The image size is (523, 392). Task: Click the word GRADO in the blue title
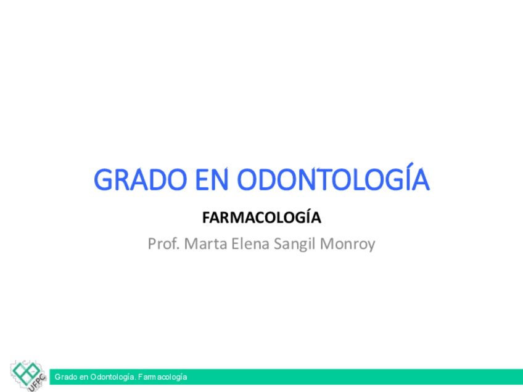click(x=141, y=179)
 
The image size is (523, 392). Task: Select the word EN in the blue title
click(x=212, y=179)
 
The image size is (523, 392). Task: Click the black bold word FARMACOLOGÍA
click(x=261, y=218)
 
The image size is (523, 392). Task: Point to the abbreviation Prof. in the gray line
click(x=164, y=243)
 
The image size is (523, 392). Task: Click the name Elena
click(x=250, y=243)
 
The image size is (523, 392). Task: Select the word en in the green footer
click(x=84, y=378)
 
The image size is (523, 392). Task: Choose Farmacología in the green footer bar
click(x=162, y=377)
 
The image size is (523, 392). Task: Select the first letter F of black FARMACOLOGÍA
click(x=206, y=218)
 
